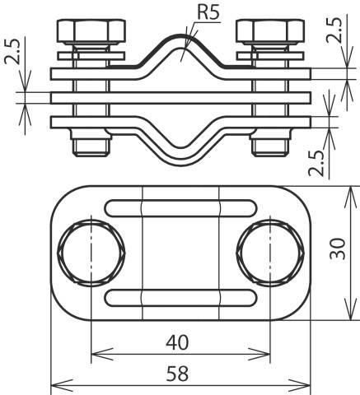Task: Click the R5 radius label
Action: (x=207, y=14)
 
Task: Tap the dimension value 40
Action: (x=180, y=341)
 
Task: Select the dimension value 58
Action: (x=180, y=373)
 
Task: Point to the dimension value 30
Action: (x=337, y=253)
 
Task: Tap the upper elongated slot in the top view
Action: (x=180, y=206)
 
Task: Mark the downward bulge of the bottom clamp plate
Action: (x=180, y=146)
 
